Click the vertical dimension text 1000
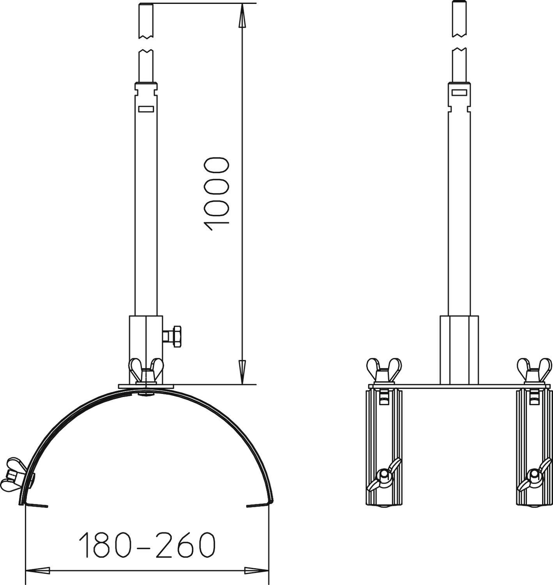(216, 194)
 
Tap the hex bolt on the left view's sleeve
(173, 335)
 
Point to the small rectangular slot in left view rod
(146, 109)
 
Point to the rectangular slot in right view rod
(459, 92)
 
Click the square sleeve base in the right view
(459, 350)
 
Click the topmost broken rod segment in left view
(146, 21)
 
